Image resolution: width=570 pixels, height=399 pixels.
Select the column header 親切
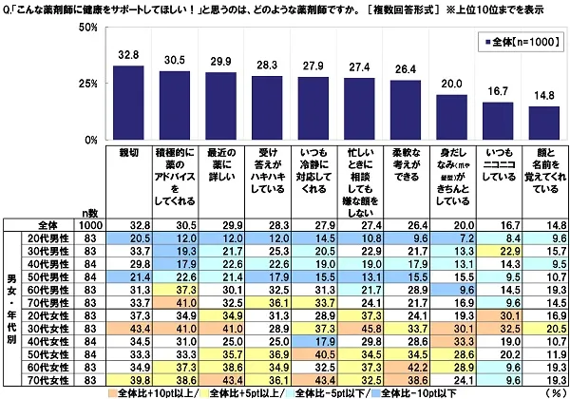point(128,151)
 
